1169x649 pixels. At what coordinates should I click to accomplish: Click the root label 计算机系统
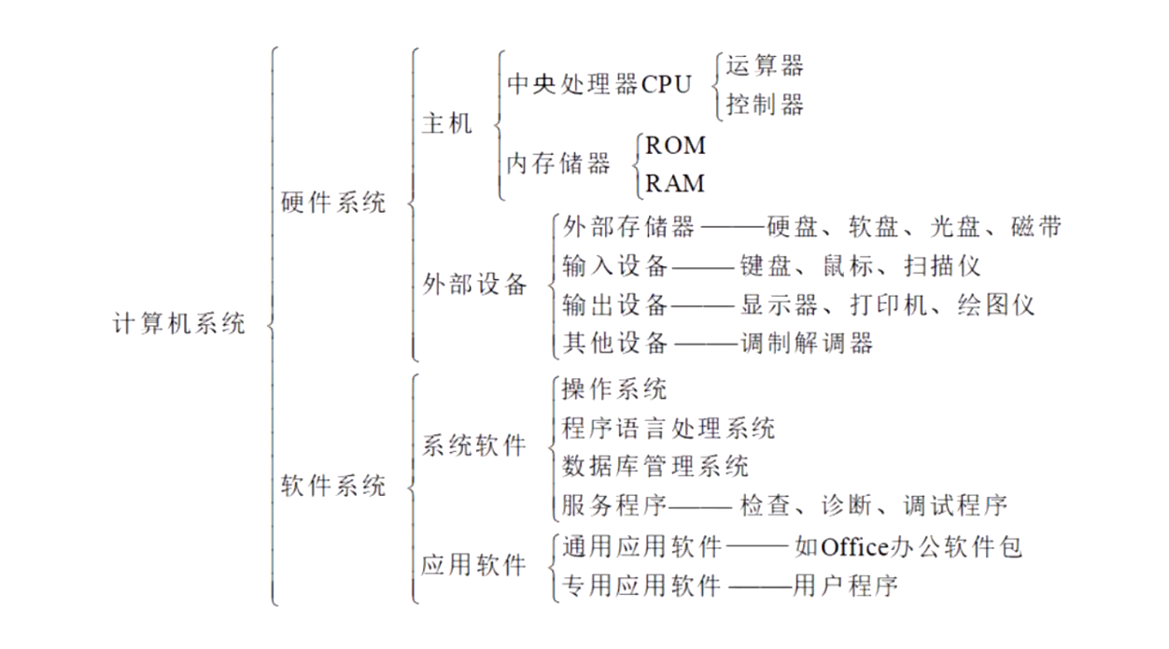[x=179, y=324]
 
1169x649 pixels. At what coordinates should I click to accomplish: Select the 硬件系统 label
[x=333, y=202]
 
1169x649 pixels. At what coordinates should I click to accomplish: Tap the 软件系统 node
[x=333, y=486]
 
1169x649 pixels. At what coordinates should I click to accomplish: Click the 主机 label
[x=447, y=123]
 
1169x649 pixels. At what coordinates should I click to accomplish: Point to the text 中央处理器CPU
[x=599, y=85]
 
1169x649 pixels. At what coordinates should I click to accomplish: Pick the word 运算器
[x=765, y=65]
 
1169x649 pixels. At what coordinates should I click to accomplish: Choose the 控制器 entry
[x=765, y=104]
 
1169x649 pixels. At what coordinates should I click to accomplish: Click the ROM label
[x=676, y=146]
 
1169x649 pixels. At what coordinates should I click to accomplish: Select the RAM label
[x=676, y=183]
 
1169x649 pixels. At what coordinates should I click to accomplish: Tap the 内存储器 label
[x=558, y=163]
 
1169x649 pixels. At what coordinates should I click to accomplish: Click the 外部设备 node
[x=475, y=285]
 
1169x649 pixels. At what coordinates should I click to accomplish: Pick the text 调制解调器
[x=807, y=343]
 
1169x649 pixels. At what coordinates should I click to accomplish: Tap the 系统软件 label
[x=474, y=445]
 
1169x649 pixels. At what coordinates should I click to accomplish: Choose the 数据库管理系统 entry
[x=655, y=466]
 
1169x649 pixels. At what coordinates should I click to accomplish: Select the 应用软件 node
[x=474, y=565]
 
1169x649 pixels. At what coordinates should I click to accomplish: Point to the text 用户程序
[x=845, y=586]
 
